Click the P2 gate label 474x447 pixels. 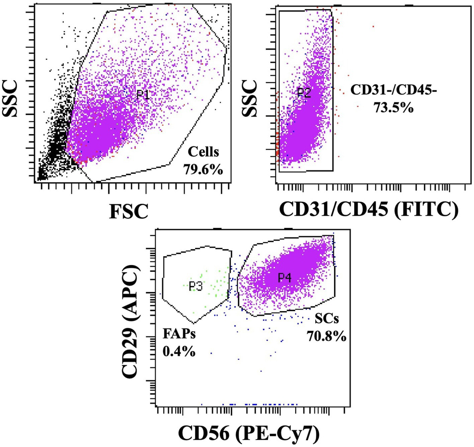click(x=304, y=93)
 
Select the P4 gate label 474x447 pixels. click(x=284, y=278)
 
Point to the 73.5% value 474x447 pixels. click(x=393, y=107)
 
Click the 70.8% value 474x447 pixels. click(x=326, y=336)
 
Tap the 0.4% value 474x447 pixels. click(x=179, y=351)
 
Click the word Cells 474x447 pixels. click(x=203, y=152)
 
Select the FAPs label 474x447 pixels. click(x=179, y=334)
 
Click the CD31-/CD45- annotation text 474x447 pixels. click(x=393, y=90)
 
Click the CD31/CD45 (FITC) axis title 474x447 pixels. click(x=369, y=208)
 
